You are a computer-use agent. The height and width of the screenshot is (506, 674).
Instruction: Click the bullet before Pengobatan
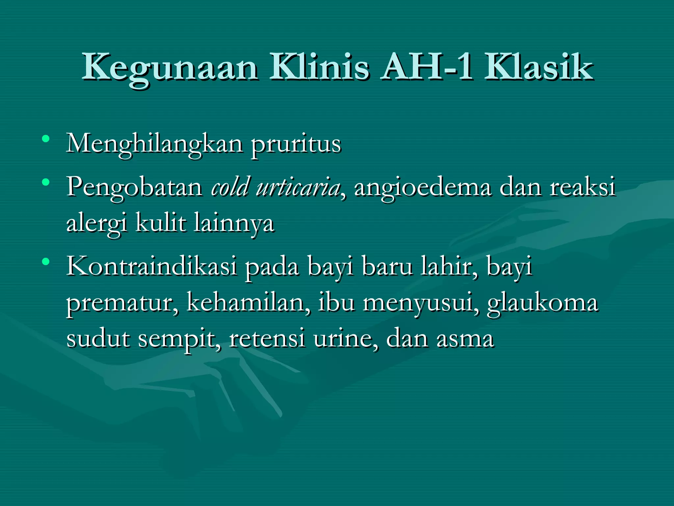(46, 182)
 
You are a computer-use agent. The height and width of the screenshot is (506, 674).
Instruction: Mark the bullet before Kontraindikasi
(46, 262)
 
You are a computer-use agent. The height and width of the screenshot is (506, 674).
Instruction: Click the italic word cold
(230, 187)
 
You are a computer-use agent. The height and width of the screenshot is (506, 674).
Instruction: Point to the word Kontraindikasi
(152, 266)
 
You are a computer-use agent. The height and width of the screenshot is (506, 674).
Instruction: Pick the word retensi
(267, 339)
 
